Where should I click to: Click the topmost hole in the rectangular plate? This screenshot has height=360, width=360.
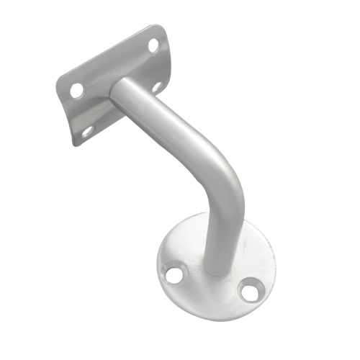click(x=153, y=45)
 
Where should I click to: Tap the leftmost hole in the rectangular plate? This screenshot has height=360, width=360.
click(x=76, y=91)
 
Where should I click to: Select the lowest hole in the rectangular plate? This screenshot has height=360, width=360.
click(x=88, y=130)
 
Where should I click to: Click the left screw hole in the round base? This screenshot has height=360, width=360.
click(x=174, y=275)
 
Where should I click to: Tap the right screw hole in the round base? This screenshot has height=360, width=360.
click(x=249, y=292)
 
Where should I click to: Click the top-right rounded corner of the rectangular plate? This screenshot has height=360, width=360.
click(x=163, y=30)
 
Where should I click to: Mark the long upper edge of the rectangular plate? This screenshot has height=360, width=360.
click(x=108, y=55)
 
